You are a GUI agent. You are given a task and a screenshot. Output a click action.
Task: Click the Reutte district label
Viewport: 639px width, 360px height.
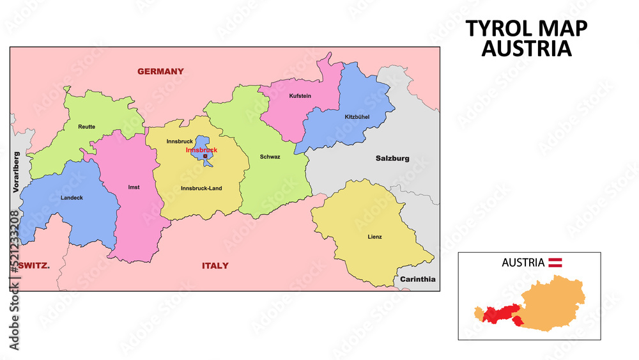pos(87,127)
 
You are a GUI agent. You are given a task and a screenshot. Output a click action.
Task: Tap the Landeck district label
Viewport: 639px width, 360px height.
pos(72,198)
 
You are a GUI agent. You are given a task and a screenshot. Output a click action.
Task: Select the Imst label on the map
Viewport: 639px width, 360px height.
pos(134,187)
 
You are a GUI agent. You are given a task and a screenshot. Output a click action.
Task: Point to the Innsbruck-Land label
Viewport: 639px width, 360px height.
pos(201,188)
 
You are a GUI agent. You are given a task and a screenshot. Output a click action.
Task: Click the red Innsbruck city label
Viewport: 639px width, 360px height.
pos(201,150)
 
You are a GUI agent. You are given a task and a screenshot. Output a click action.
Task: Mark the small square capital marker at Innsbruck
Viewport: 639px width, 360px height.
pos(204,156)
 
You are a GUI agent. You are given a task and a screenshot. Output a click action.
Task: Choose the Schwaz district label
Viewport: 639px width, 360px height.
pos(270,157)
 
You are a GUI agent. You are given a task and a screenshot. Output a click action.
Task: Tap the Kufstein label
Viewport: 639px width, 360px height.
pos(300,96)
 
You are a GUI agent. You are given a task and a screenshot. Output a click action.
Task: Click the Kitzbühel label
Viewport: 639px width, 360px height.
pos(357,116)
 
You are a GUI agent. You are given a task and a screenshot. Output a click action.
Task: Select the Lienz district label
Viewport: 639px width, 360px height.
pos(375,237)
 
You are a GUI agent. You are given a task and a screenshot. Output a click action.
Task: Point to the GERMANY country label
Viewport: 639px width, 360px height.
pos(160,72)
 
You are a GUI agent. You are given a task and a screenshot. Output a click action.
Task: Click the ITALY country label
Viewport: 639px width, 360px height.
pos(215,265)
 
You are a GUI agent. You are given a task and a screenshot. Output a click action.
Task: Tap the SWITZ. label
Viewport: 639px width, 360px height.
pos(34,265)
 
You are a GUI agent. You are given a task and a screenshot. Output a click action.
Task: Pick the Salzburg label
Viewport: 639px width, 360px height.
pos(392,159)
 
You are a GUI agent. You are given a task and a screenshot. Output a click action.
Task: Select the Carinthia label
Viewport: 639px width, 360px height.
pos(418,279)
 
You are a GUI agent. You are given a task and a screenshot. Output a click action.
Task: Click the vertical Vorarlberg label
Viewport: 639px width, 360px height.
pos(17,172)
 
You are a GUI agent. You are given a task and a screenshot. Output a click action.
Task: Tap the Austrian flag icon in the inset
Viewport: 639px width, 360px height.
pos(556,262)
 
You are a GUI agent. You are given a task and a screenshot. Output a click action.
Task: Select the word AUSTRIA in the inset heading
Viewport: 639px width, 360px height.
pos(523,262)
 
